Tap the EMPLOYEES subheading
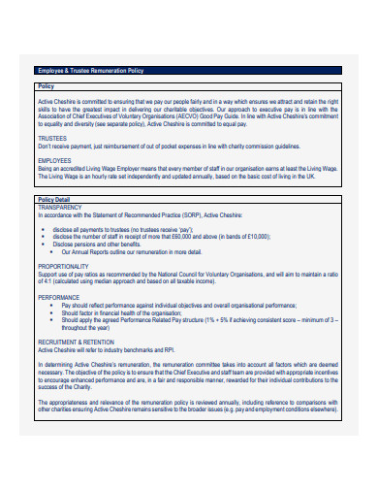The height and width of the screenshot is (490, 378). (x=54, y=160)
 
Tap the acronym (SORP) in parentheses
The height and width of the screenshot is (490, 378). (x=191, y=213)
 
